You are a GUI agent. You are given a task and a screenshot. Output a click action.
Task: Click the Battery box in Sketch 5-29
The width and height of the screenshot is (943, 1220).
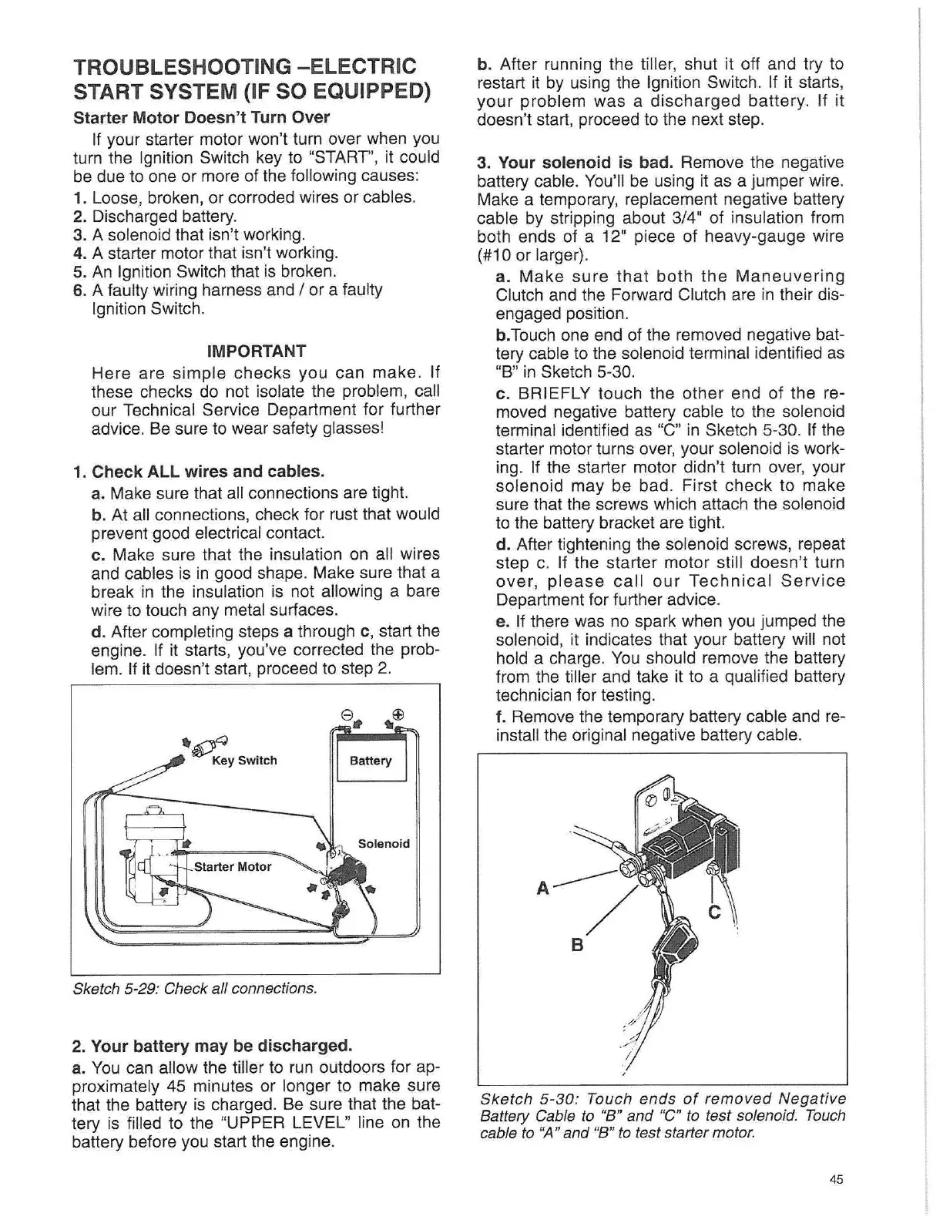[371, 761]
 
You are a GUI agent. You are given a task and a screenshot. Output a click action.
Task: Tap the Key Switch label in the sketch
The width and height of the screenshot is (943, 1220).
[244, 761]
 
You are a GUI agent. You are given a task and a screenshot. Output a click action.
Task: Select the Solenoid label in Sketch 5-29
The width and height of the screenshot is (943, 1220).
[384, 843]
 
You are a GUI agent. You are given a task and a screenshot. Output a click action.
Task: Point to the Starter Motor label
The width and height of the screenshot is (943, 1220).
[233, 866]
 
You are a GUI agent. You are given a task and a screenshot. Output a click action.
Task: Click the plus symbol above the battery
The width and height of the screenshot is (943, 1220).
[398, 713]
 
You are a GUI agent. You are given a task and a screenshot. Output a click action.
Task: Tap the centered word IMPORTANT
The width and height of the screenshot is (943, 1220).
[257, 351]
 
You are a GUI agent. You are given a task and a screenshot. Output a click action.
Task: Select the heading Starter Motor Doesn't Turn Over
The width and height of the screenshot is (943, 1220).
[200, 118]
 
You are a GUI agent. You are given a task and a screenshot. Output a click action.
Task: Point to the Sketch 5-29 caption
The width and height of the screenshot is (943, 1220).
[193, 987]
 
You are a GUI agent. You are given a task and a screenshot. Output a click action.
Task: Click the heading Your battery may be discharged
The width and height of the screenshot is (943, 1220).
[221, 1046]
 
